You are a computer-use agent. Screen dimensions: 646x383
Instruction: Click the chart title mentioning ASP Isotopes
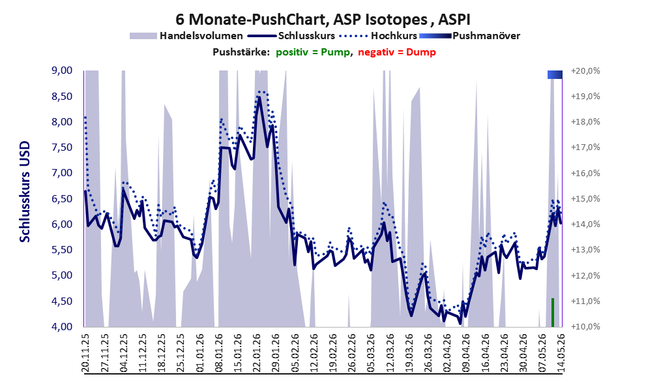(323, 20)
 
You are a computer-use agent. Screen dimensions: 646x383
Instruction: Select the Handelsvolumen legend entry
(186, 36)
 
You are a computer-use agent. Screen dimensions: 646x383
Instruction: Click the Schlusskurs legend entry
(291, 36)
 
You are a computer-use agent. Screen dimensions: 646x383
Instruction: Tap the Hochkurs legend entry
(378, 36)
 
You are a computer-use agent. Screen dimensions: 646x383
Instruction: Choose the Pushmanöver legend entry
(469, 36)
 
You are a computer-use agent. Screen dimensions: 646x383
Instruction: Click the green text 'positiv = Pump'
(313, 52)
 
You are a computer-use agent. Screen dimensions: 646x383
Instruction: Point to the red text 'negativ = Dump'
(397, 52)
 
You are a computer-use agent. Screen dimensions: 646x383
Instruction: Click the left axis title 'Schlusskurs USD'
(25, 192)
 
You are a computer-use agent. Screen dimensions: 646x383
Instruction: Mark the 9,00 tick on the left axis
(62, 70)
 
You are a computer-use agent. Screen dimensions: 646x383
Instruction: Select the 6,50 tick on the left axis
(62, 199)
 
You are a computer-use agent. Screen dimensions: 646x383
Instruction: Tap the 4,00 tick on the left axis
(62, 326)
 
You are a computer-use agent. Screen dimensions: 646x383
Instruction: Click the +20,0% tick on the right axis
(585, 71)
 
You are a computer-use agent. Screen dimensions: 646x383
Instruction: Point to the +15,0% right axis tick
(585, 199)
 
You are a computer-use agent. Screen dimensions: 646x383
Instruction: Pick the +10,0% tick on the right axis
(585, 326)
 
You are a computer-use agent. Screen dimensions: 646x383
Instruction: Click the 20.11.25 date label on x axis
(85, 352)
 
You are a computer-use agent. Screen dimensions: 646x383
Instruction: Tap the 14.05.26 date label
(561, 352)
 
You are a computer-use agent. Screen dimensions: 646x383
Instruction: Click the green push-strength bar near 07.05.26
(553, 312)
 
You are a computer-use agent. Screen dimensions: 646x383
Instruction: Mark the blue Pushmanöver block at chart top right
(555, 74)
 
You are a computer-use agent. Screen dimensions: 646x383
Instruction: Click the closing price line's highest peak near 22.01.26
(259, 97)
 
